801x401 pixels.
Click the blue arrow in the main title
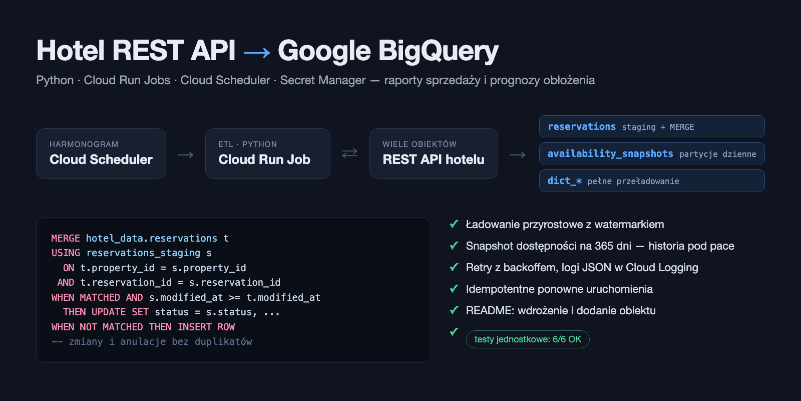(257, 53)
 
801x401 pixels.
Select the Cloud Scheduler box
(101, 153)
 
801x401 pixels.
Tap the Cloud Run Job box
(267, 153)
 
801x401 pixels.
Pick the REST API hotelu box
(434, 153)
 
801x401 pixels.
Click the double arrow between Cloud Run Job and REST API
(350, 153)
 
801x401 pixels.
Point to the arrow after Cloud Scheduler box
(186, 155)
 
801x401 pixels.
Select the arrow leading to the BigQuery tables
(518, 155)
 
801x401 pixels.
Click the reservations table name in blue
(582, 127)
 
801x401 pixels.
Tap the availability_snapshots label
(610, 153)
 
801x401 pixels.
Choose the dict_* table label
(565, 181)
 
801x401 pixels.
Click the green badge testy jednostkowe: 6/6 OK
(528, 339)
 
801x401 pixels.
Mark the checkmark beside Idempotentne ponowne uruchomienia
(454, 289)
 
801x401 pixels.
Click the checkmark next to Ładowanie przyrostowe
(454, 224)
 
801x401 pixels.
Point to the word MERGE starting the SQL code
(66, 239)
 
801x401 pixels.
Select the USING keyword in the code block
(66, 253)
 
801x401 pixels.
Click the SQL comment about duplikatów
(152, 342)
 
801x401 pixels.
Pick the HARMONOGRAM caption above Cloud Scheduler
(84, 144)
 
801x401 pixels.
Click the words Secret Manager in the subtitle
(323, 80)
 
